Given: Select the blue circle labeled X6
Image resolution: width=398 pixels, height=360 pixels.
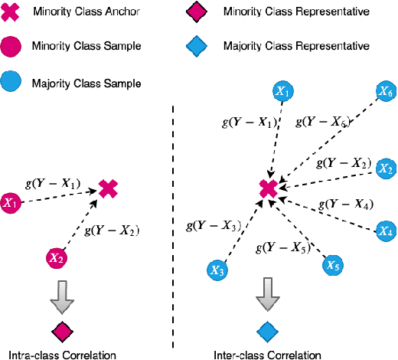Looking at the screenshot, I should click(385, 93).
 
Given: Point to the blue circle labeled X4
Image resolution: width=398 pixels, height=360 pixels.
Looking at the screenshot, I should click(385, 231).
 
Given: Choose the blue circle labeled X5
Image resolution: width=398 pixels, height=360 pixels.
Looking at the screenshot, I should click(331, 265).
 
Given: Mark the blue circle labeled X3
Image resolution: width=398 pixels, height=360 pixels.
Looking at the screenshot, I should click(217, 270).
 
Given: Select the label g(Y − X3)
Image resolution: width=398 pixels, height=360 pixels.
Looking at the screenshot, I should click(214, 225).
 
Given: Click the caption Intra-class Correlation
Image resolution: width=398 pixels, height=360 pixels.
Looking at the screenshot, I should click(62, 355).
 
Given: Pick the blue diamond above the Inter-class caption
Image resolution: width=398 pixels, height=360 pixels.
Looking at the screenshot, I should click(266, 331).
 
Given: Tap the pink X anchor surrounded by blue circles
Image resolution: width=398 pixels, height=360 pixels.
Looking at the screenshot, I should click(267, 188).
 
